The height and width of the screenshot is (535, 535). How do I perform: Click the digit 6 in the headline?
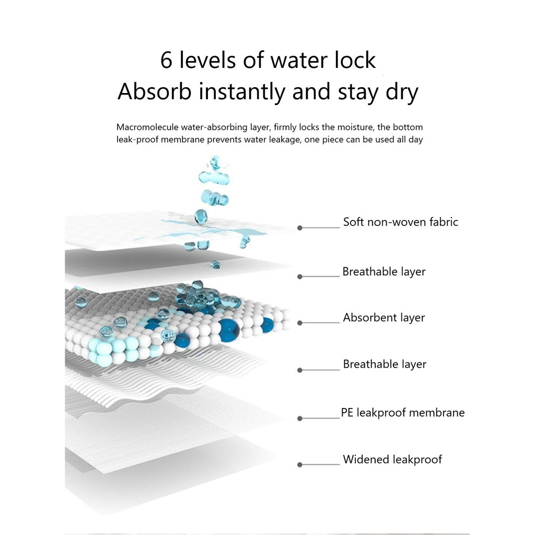point(166,61)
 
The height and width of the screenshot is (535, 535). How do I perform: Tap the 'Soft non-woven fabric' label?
point(400,222)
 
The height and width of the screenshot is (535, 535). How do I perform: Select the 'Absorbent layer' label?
point(384,318)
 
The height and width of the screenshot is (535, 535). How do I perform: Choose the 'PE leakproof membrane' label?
point(402,413)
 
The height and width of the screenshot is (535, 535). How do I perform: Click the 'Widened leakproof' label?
point(392,460)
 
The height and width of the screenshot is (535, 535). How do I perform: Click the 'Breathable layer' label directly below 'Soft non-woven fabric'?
point(384,272)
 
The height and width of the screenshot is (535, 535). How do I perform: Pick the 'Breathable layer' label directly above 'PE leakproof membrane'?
point(385,364)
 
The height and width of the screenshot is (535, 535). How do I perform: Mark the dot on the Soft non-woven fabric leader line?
point(300,228)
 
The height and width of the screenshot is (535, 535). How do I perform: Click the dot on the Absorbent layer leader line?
point(300,323)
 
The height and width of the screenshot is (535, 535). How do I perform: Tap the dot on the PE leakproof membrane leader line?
point(300,418)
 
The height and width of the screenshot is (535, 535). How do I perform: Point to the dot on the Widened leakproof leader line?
point(300,464)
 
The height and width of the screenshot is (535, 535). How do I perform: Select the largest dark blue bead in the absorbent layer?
point(228,330)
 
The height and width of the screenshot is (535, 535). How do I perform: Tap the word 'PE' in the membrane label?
point(347,413)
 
